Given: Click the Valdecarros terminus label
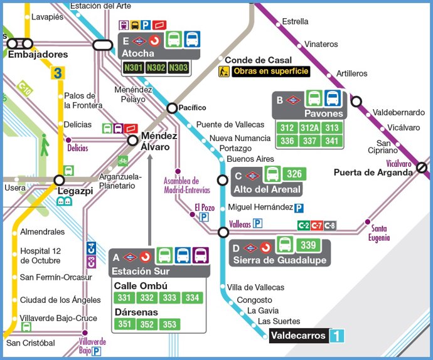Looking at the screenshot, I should pos(299,336).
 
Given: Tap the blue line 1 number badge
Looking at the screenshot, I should pos(338,336).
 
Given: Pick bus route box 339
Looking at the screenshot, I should pos(307,245).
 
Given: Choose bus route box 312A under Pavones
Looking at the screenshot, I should pos(309,128).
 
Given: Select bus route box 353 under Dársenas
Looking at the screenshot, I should pos(169,324).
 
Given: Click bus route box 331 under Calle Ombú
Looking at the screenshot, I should pos(125,297).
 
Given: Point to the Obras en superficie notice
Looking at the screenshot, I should pos(270,71).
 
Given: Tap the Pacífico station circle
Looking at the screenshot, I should pos(172,108).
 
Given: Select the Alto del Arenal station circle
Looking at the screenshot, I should pos(222,181).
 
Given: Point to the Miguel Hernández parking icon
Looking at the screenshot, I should pos(299,208).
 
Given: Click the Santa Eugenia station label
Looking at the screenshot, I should pos(379,233).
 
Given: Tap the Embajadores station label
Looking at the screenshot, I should pos(38,55).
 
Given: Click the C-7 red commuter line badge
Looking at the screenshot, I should pos(317,225).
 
